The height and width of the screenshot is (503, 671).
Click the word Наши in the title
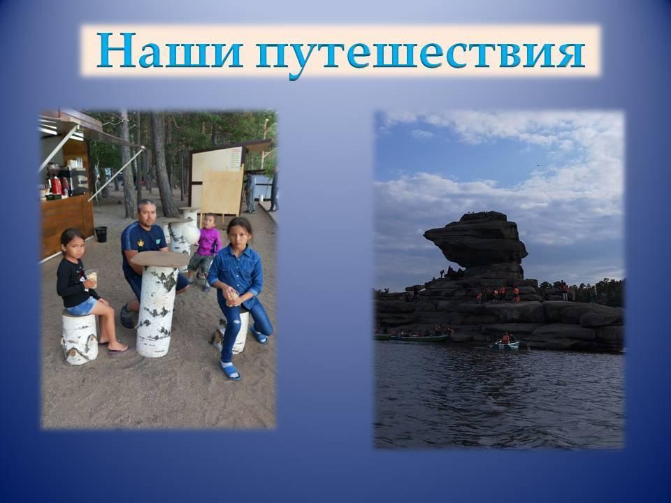(x=170, y=50)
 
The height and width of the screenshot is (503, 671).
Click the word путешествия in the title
(x=421, y=54)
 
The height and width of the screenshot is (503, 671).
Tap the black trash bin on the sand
(x=101, y=234)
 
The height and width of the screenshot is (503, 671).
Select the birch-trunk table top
(x=159, y=258)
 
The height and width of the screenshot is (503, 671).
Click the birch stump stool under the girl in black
(x=80, y=338)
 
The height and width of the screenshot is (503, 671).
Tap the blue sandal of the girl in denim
(x=231, y=371)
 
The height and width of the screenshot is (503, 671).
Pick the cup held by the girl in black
(x=91, y=278)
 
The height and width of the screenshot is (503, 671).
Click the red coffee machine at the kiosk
(x=57, y=186)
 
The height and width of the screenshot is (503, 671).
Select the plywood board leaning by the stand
(x=222, y=191)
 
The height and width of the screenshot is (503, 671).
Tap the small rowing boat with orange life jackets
(x=505, y=344)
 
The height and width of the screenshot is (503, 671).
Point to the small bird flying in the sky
(x=537, y=165)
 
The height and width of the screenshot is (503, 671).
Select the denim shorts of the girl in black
(x=82, y=306)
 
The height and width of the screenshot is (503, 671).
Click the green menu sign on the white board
(x=236, y=158)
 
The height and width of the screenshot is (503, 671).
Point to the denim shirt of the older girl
(x=237, y=274)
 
